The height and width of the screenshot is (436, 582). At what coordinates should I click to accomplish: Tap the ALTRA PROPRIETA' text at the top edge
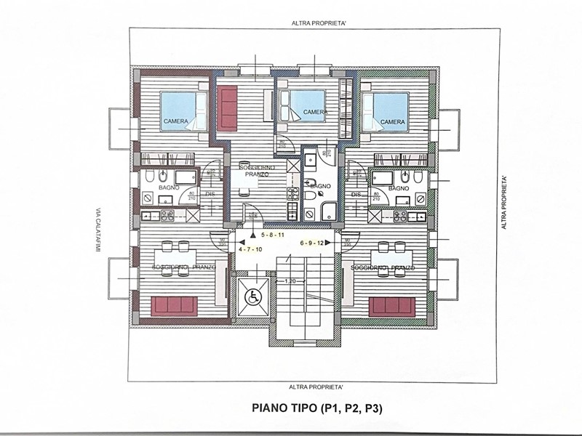(314, 23)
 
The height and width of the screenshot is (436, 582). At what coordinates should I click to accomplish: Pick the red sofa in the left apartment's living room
(174, 306)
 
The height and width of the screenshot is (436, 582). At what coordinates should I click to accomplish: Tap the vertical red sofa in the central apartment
(228, 107)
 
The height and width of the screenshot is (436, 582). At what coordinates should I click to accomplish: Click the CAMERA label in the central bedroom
(314, 112)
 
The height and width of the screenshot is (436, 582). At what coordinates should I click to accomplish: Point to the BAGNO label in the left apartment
(170, 187)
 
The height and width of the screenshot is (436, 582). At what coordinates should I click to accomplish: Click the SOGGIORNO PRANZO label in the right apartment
(382, 268)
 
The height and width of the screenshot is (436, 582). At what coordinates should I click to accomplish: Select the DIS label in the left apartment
(210, 194)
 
